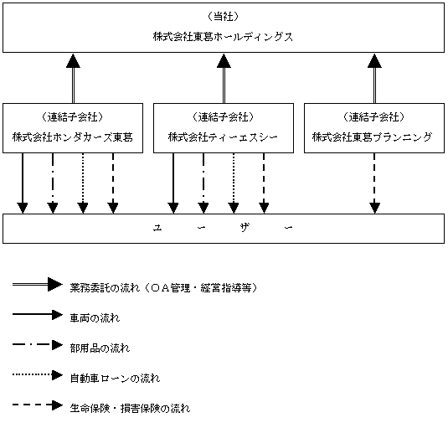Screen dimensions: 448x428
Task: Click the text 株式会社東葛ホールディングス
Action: point(223,37)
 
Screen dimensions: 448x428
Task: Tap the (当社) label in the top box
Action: point(223,17)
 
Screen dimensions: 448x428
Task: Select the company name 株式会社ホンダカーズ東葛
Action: point(73,137)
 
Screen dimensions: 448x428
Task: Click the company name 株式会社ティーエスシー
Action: point(223,137)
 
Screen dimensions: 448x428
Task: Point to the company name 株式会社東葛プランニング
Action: point(372,137)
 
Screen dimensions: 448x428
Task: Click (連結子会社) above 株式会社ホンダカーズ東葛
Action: point(73,117)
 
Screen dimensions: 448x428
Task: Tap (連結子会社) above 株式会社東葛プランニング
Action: point(374,117)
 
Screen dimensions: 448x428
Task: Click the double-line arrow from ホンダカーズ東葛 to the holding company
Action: point(73,78)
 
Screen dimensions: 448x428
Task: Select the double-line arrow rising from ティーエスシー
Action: point(224,78)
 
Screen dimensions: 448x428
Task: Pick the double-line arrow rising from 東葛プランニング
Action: point(374,78)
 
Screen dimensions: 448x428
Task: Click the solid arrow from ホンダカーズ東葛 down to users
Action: point(23,183)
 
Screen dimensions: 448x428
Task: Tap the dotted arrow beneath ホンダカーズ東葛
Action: point(83,183)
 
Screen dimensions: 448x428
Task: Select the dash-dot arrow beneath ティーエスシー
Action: point(203,183)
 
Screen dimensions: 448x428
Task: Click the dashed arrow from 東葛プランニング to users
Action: point(374,183)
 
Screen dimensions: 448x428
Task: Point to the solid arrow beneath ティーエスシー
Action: point(173,183)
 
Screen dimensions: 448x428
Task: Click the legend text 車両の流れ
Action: point(95,318)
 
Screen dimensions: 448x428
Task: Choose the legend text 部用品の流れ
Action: point(100,348)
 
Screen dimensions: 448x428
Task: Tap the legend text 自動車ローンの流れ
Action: point(115,379)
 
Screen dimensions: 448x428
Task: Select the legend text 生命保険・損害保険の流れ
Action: point(130,408)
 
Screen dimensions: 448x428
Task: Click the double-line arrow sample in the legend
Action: point(38,284)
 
